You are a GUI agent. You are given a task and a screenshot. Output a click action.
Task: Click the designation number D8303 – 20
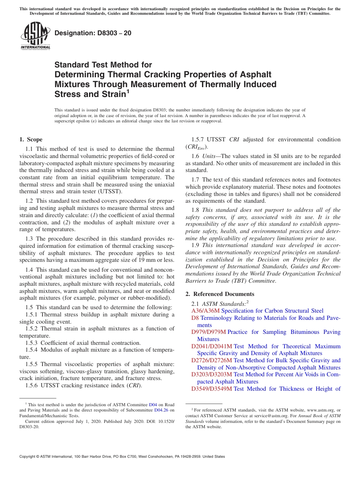(x=93, y=33)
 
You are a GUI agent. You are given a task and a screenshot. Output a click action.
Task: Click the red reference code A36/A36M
(x=203, y=311)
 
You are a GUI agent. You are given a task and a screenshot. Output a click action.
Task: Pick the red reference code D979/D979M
(x=209, y=332)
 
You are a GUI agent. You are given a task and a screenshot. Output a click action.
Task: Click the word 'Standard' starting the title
(x=70, y=65)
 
